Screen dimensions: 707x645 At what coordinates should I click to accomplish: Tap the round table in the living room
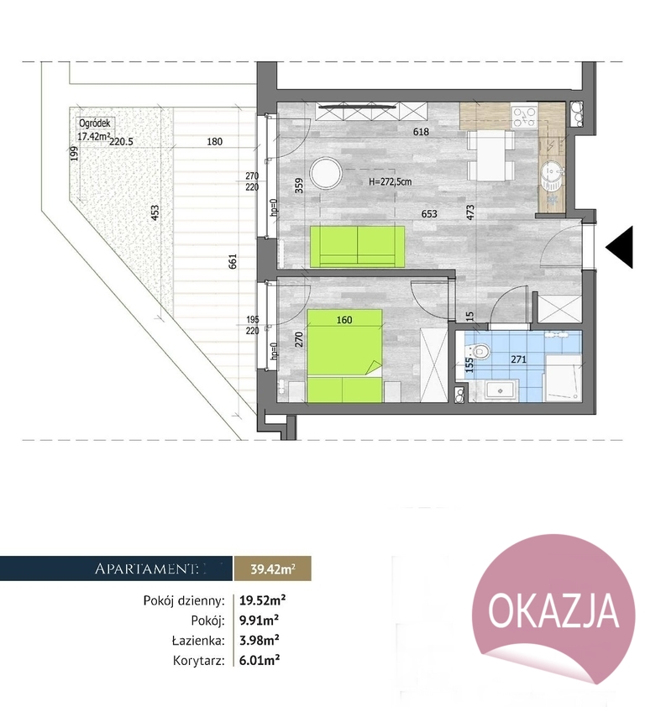coord(325,175)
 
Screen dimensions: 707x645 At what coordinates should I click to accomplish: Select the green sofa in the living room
coord(358,245)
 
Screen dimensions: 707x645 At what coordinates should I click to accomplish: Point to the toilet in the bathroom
coord(479,353)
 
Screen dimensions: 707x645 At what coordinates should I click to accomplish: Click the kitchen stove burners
coord(524,115)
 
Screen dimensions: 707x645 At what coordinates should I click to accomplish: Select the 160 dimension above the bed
coord(343,319)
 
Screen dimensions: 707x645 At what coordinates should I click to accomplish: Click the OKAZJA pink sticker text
coord(553,610)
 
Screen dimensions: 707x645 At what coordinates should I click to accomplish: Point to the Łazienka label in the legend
coord(197,641)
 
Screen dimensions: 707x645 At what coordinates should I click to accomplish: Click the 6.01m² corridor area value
coord(258,661)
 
